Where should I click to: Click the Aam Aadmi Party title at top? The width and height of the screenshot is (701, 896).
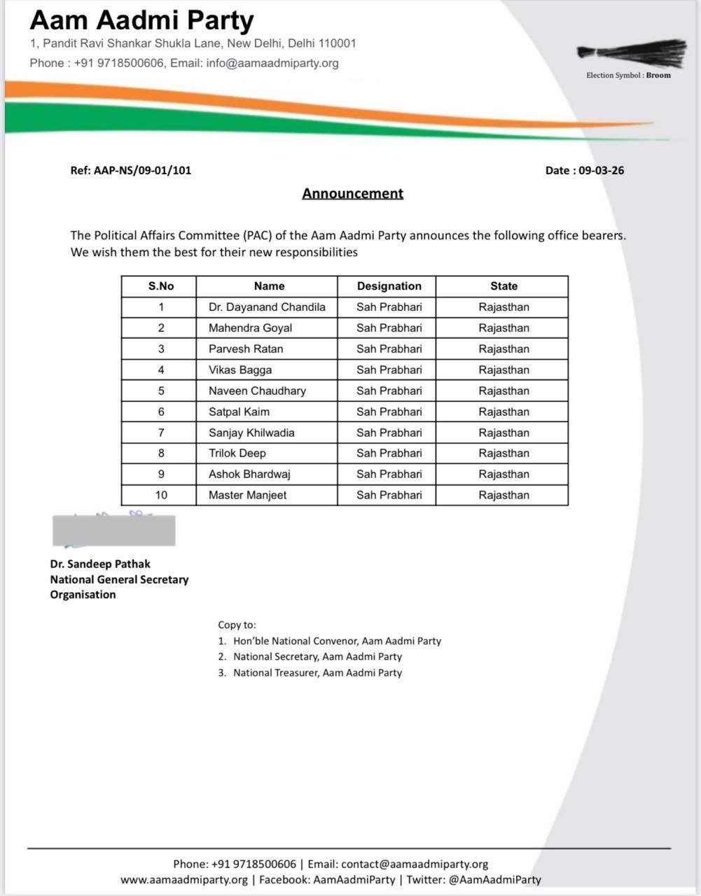coord(141,20)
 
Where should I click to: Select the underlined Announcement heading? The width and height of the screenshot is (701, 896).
coord(352,193)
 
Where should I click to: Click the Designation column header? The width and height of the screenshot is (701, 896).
coord(389,286)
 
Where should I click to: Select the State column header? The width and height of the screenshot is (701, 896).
coord(504,286)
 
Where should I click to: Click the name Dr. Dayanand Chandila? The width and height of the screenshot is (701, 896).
coord(267,307)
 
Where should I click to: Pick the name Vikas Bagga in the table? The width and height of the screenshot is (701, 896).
coord(240,370)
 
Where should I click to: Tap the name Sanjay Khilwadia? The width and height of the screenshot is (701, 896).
coord(251,433)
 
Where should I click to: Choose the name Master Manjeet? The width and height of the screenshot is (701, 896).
coord(247,495)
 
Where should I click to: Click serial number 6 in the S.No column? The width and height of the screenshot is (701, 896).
coord(161,412)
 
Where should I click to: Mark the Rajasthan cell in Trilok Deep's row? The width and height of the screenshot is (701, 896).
coord(504,453)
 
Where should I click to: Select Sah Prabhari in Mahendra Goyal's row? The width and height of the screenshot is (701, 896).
coord(389,328)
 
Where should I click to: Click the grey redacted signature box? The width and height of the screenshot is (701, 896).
coord(113,530)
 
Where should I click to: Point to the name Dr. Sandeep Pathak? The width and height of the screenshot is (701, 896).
coord(100,563)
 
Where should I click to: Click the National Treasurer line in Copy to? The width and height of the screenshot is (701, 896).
coord(317,673)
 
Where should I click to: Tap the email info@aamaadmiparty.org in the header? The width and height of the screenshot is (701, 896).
coord(272,63)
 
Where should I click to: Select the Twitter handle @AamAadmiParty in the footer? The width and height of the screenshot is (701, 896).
coord(494,879)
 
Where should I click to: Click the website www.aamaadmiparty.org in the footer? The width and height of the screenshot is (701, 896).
coord(184,879)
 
